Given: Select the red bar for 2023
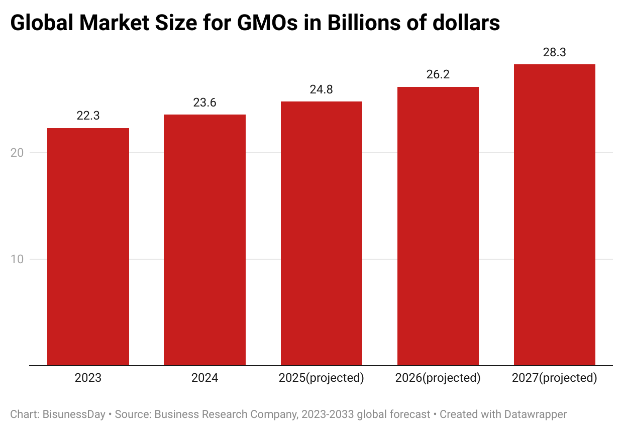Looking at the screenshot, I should pyautogui.click(x=88, y=246).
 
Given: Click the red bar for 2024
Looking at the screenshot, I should pyautogui.click(x=204, y=240).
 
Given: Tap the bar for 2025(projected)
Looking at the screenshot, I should pyautogui.click(x=321, y=233).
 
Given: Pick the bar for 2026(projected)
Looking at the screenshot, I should pyautogui.click(x=438, y=226).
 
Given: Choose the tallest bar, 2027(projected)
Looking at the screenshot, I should pyautogui.click(x=554, y=214).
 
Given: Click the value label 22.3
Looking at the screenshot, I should pyautogui.click(x=88, y=116).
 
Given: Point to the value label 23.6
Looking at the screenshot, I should pyautogui.click(x=204, y=102).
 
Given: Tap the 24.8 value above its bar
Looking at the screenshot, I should pyautogui.click(x=321, y=90).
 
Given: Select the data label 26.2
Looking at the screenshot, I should pyautogui.click(x=438, y=75).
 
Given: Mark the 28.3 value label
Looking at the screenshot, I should pyautogui.click(x=554, y=52).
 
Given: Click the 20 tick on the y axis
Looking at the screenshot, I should pyautogui.click(x=18, y=153).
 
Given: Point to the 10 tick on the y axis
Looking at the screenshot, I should pyautogui.click(x=18, y=259).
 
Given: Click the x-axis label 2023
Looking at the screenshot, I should pyautogui.click(x=88, y=378).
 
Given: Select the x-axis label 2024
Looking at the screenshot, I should pyautogui.click(x=204, y=378).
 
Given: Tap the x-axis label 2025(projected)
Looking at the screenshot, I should pyautogui.click(x=321, y=378).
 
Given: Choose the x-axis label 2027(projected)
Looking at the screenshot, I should pyautogui.click(x=554, y=378).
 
